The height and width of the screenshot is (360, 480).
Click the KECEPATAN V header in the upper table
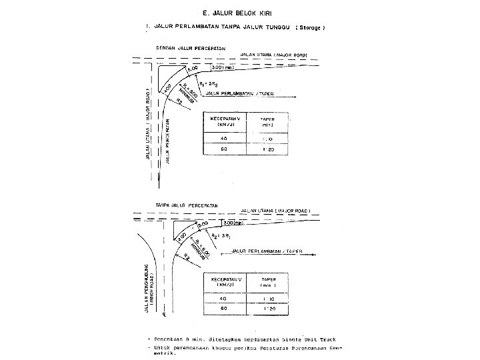225,123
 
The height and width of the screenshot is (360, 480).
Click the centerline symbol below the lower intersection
163,324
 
